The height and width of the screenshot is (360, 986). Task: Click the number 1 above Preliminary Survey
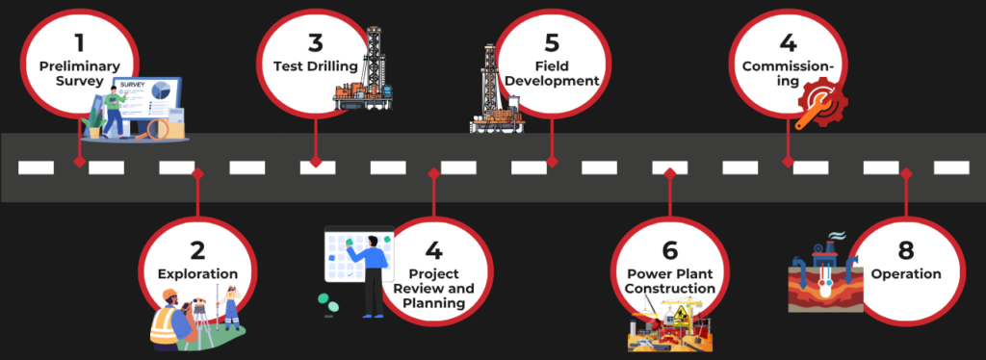(79, 43)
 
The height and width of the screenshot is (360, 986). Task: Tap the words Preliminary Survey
(79, 73)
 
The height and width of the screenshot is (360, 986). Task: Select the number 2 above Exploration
(197, 250)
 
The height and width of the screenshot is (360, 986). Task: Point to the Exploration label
(197, 274)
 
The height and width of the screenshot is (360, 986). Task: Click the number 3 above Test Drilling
(316, 43)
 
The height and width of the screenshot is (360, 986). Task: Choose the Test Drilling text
(310, 65)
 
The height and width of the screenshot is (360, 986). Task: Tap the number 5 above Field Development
(552, 43)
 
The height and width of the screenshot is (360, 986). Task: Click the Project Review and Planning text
(434, 289)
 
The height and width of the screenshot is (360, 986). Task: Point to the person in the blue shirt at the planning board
(371, 274)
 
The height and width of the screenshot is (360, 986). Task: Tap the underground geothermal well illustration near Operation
(823, 279)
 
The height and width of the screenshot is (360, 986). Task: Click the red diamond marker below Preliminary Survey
(79, 162)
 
